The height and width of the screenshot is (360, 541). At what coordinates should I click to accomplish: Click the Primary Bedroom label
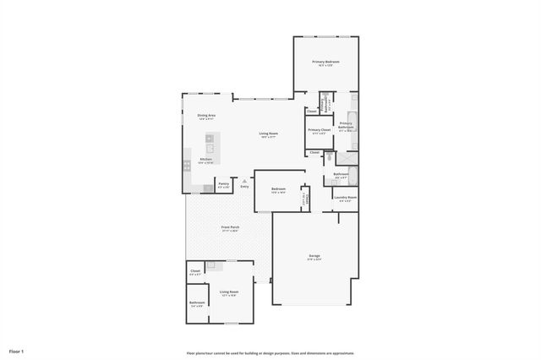[325, 62]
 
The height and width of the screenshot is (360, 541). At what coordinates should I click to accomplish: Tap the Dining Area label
[206, 116]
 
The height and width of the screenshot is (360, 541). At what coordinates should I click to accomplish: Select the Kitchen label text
[205, 160]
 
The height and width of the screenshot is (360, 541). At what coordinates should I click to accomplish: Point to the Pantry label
[223, 183]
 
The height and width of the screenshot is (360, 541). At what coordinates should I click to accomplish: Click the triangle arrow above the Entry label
[244, 179]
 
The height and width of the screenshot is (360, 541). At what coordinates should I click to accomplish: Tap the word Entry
[244, 187]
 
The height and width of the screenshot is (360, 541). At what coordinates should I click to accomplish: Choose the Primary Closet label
[319, 130]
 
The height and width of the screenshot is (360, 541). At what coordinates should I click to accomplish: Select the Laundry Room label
[345, 198]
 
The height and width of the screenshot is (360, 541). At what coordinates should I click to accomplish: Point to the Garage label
[314, 256]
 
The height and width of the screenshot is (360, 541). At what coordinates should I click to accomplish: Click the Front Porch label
[229, 227]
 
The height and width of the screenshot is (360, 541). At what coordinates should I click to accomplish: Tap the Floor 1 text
[17, 351]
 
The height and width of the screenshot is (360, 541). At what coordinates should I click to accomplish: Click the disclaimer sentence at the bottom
[270, 353]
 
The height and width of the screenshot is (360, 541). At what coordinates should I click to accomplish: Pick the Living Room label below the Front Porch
[229, 292]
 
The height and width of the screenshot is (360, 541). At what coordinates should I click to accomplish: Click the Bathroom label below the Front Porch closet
[197, 303]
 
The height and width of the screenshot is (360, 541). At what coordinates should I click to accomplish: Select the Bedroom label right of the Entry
[278, 188]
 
